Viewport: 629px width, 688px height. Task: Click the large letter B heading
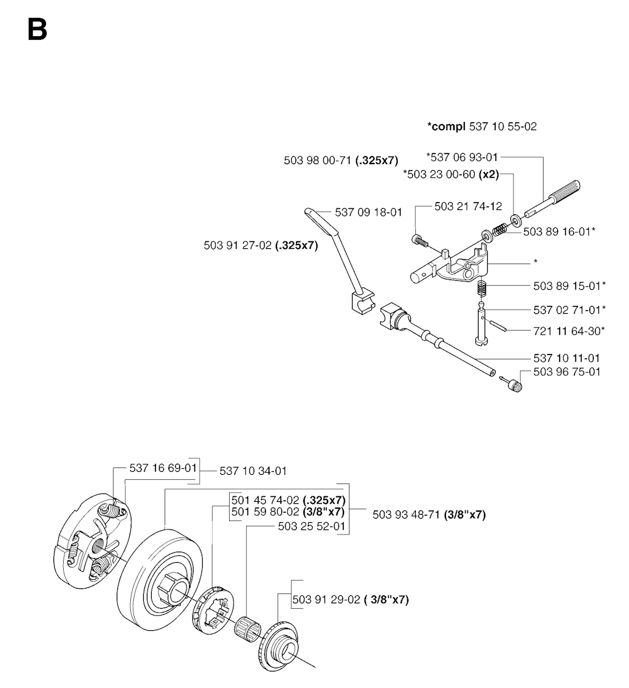coord(37,29)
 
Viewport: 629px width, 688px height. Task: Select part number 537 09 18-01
coord(369,213)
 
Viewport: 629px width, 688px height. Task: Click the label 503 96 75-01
coord(568,372)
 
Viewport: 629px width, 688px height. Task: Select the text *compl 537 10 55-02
coord(482,127)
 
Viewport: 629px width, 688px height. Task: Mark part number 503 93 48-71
coord(429,515)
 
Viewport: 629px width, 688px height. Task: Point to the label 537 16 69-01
coord(163,467)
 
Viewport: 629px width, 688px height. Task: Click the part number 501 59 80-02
coord(287,511)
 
